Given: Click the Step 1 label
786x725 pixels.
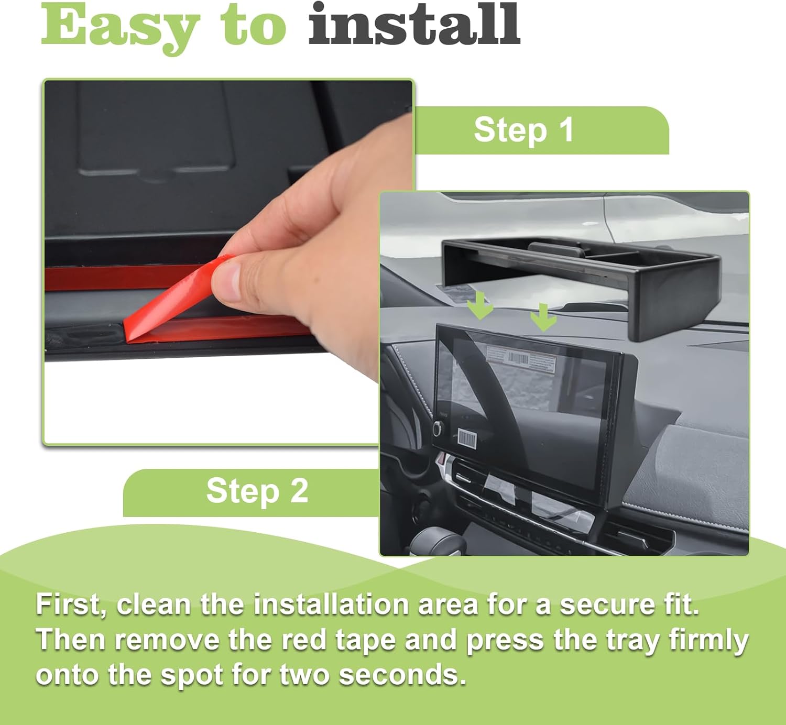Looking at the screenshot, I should [523, 130].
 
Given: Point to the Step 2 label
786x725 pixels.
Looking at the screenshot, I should [257, 491].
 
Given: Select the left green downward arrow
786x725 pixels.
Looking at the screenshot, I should [480, 306].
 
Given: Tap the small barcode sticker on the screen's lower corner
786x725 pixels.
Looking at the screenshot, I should [466, 439].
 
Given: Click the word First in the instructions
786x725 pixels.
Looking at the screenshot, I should [71, 605].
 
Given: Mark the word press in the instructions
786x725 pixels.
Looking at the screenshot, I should [505, 641].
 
